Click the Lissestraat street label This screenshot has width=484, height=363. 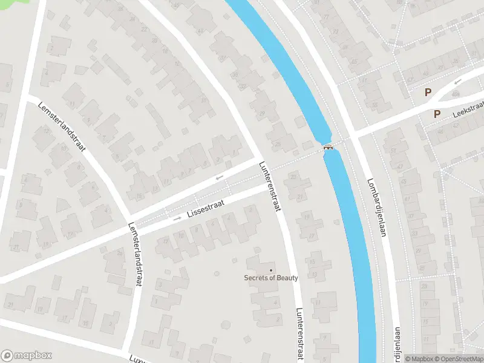click(205, 209)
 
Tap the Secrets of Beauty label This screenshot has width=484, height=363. click(270, 278)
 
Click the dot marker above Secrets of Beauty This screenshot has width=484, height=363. click(270, 270)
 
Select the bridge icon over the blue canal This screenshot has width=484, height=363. click(328, 147)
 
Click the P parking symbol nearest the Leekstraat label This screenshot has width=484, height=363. click(437, 114)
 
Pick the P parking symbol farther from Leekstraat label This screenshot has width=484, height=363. click(428, 93)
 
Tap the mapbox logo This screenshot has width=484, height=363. click(27, 355)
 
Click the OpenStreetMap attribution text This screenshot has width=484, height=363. click(458, 358)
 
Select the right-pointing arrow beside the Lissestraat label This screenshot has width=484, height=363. click(177, 218)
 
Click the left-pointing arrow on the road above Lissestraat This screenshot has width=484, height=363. click(219, 178)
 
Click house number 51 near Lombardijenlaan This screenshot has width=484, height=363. click(393, 151)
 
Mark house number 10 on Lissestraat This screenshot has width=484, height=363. click(181, 235)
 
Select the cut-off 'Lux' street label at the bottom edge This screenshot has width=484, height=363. click(137, 359)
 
